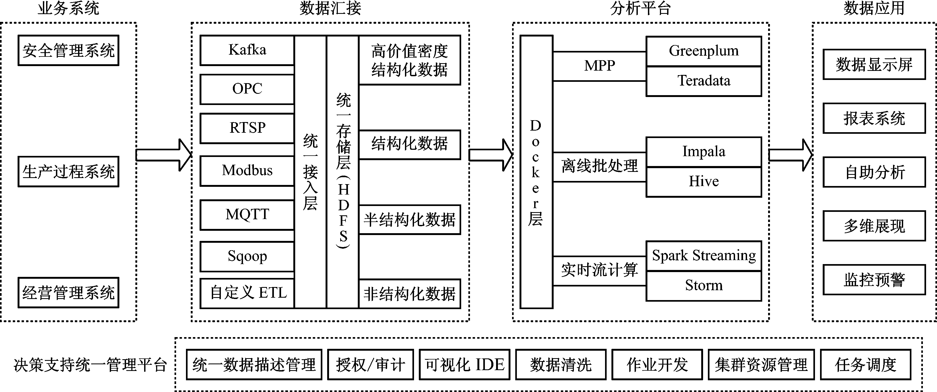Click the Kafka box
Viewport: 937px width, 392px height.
click(x=247, y=50)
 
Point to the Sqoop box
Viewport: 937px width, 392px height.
click(x=247, y=256)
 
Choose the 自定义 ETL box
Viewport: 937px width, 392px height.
click(x=247, y=293)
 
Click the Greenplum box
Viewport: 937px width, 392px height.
click(x=703, y=51)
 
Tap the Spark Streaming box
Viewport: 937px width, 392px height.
click(x=703, y=256)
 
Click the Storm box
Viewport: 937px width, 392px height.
click(x=703, y=286)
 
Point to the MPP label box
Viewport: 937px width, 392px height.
click(x=599, y=66)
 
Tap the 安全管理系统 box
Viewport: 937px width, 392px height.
click(x=68, y=50)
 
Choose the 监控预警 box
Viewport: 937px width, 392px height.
click(x=874, y=280)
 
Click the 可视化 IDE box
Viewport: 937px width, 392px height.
click(x=464, y=364)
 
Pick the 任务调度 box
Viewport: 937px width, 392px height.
click(x=865, y=364)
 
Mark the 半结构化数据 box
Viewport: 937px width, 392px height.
click(x=409, y=220)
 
